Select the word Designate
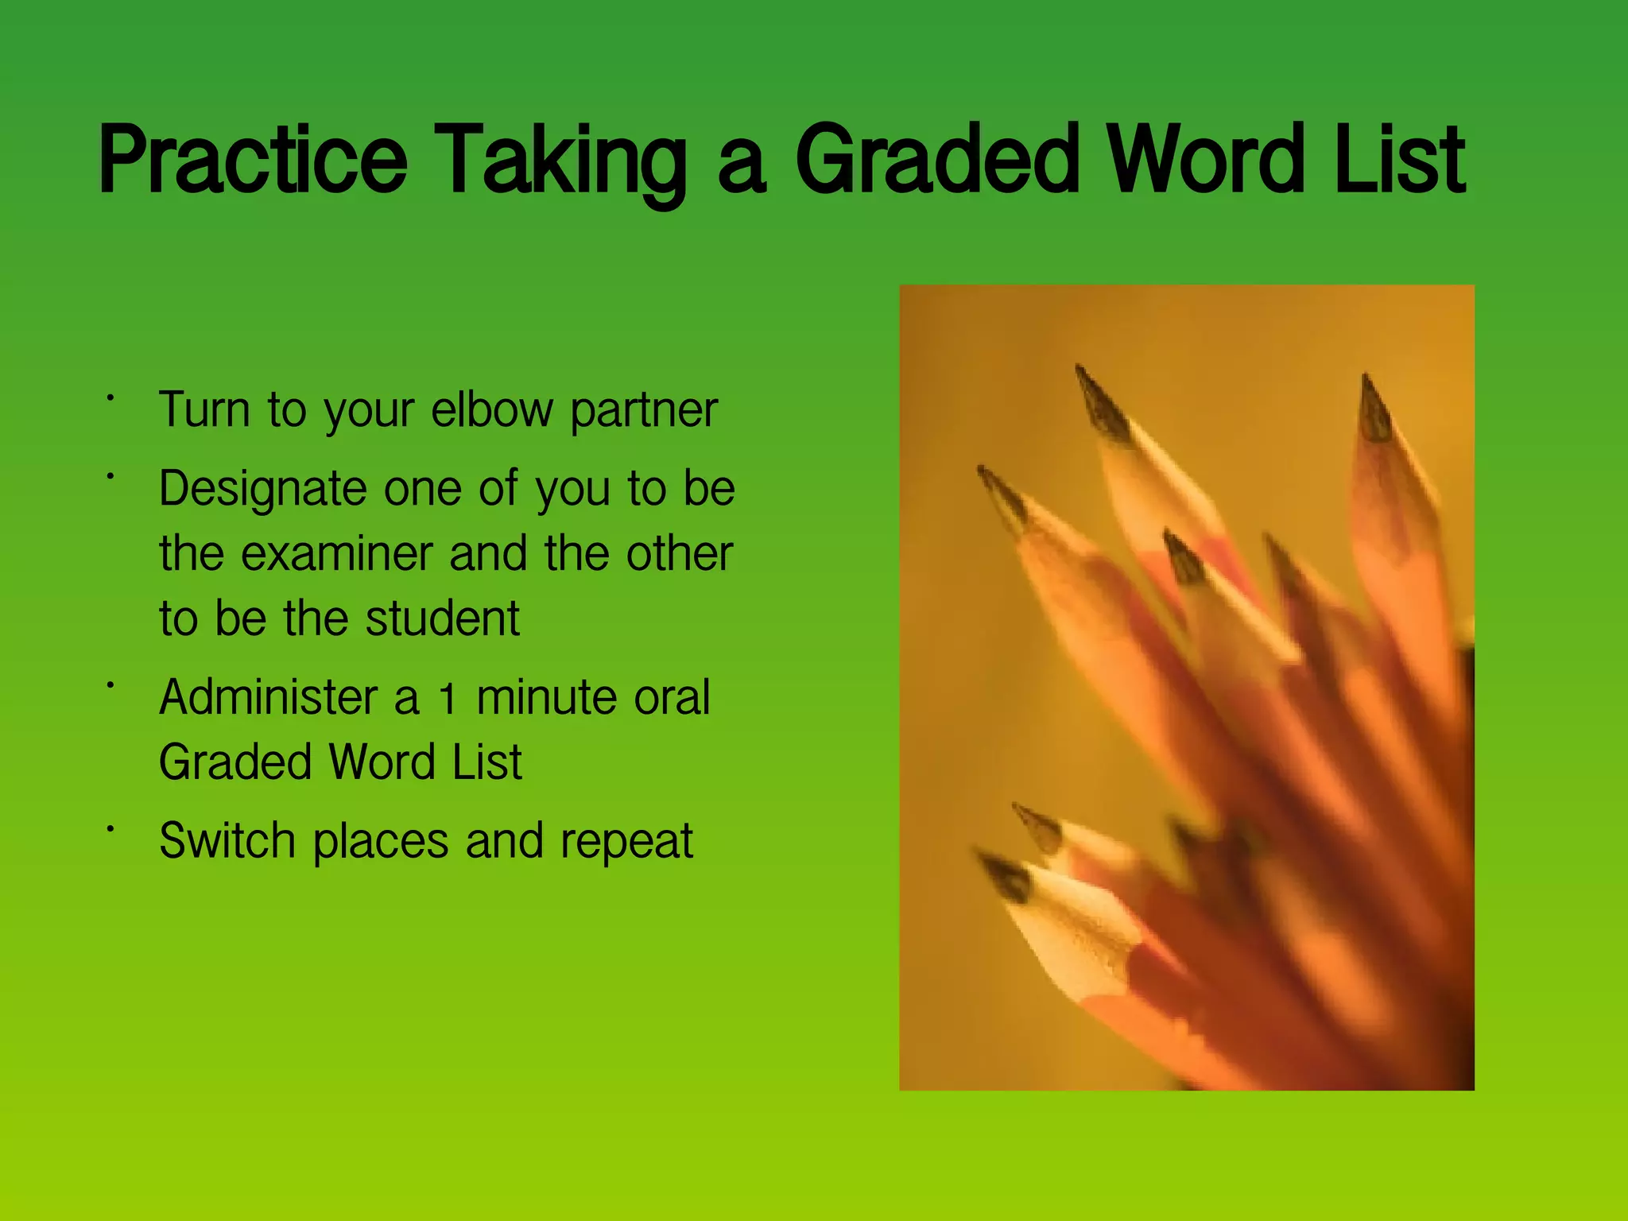click(x=263, y=489)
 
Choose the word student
click(x=442, y=618)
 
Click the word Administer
click(x=268, y=697)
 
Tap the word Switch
click(x=227, y=840)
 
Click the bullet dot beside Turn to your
click(x=111, y=397)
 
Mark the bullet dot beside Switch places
click(x=111, y=829)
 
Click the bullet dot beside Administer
click(x=111, y=684)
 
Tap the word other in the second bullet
click(x=679, y=553)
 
